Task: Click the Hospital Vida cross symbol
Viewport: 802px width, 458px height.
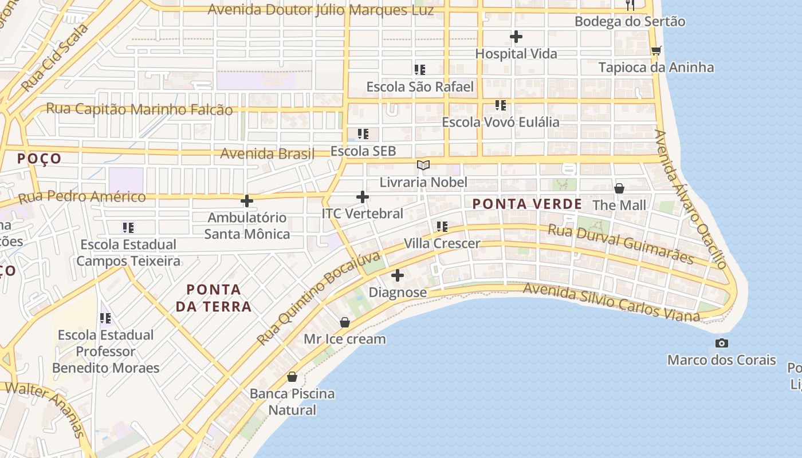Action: [x=516, y=37]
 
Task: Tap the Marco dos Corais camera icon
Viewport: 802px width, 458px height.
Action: [x=722, y=343]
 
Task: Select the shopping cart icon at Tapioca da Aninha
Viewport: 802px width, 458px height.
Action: [x=656, y=51]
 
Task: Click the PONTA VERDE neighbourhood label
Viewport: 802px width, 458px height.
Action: [x=527, y=204]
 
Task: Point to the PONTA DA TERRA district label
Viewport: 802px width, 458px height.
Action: [x=214, y=298]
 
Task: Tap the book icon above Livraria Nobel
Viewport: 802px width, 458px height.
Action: [x=423, y=165]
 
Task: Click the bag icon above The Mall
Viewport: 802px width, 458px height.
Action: [x=619, y=188]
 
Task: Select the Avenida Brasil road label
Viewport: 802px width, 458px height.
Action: [x=268, y=153]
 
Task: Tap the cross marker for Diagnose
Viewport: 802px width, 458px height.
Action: [x=398, y=276]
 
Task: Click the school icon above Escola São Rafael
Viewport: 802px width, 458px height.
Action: [x=420, y=70]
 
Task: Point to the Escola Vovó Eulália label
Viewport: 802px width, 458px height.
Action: [x=500, y=122]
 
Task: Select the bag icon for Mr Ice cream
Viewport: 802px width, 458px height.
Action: [x=345, y=322]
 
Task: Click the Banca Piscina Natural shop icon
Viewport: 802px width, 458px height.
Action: [x=292, y=377]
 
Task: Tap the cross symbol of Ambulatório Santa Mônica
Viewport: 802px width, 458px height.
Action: [x=247, y=201]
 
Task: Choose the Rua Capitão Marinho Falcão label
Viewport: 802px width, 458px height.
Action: [x=139, y=109]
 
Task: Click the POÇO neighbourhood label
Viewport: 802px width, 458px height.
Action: [x=39, y=159]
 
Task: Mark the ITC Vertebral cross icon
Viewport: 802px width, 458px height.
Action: [x=363, y=197]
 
